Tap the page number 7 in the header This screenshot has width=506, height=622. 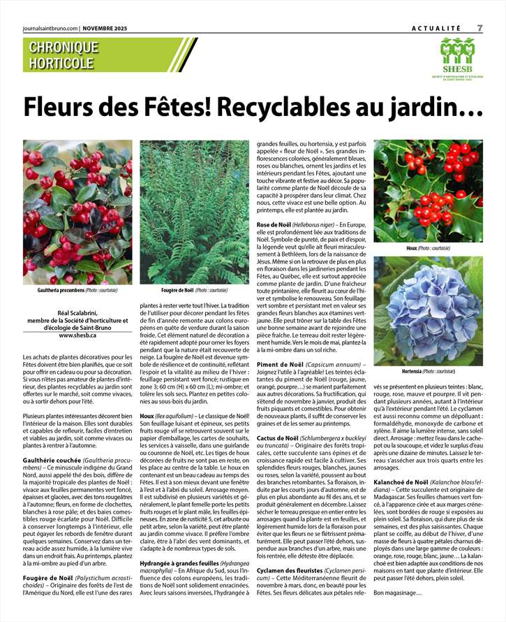[479, 27]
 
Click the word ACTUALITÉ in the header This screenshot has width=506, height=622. [436, 28]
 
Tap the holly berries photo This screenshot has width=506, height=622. [428, 191]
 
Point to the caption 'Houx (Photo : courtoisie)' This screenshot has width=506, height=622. [428, 248]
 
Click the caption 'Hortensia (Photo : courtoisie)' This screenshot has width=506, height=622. [428, 371]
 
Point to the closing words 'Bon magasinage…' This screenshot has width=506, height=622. [398, 593]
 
